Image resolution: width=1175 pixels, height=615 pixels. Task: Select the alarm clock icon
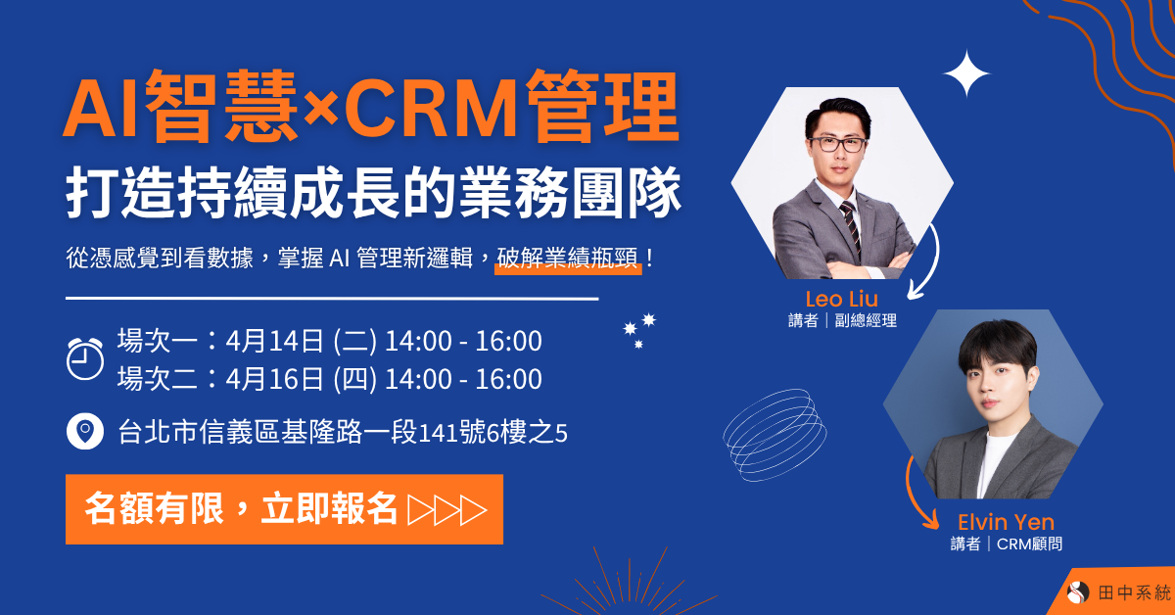(85, 358)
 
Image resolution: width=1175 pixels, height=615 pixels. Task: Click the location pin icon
(85, 430)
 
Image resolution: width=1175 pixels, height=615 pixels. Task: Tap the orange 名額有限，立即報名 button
(284, 509)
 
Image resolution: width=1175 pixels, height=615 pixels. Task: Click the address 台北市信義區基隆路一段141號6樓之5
(343, 431)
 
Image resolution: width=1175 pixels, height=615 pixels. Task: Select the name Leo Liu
(841, 299)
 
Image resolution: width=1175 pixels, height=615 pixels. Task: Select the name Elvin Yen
(1006, 522)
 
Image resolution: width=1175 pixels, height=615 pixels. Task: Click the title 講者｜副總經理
(841, 321)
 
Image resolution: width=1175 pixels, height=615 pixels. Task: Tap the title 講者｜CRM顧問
(1006, 544)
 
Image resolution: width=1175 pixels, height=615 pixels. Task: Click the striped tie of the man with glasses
(850, 225)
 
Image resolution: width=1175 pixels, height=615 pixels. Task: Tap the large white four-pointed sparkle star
(966, 73)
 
